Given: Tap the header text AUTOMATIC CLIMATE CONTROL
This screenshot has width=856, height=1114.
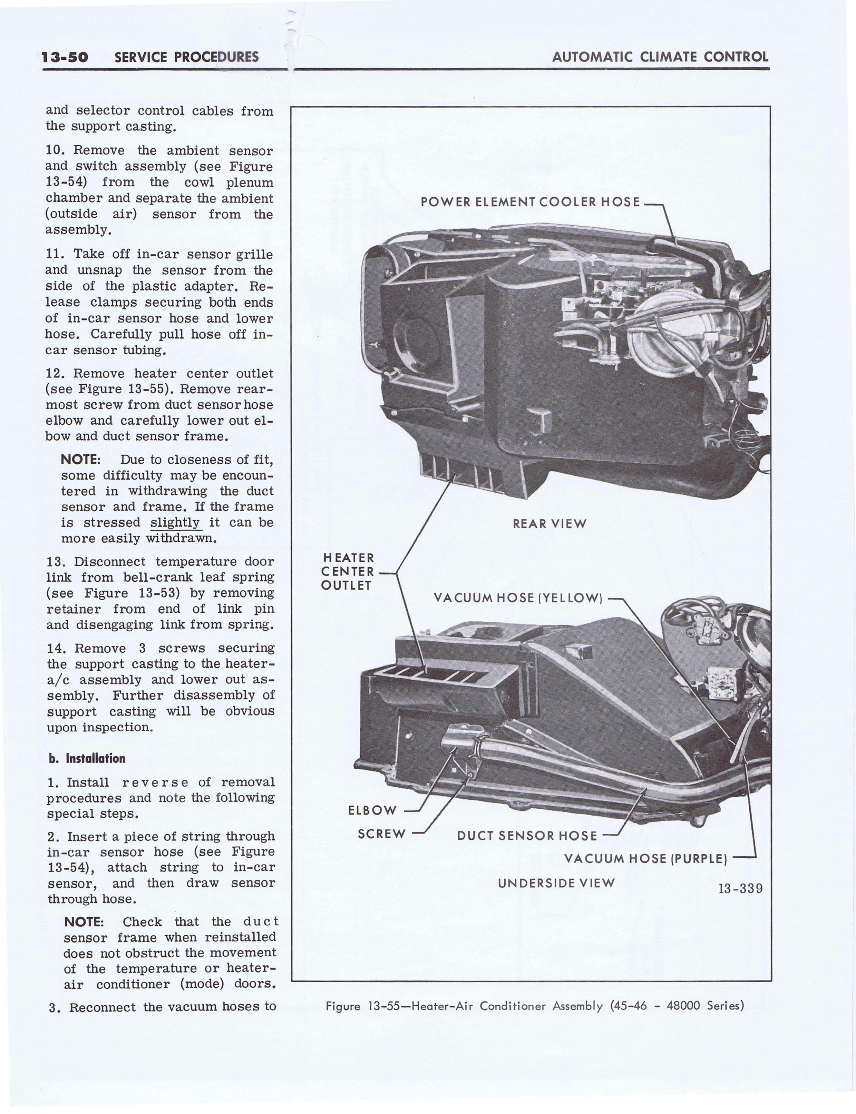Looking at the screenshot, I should tap(660, 57).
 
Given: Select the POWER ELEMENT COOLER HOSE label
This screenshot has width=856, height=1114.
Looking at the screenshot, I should tap(530, 202).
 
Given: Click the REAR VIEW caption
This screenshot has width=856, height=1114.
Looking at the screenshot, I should tap(549, 524).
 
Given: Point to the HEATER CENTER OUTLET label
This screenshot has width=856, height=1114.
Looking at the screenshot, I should tap(348, 572).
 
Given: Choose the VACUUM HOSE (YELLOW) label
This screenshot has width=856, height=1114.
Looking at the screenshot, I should tap(518, 598).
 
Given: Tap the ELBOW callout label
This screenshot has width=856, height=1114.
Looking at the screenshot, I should tap(372, 810).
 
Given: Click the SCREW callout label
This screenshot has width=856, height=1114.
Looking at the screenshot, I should tap(382, 834).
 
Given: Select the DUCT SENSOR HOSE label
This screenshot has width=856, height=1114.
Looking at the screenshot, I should tap(527, 836).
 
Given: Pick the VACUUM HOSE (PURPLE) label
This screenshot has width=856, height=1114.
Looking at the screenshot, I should tap(645, 859).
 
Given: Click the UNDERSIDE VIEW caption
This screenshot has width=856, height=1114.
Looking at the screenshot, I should tap(556, 883).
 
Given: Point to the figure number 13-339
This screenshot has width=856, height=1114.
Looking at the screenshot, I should tap(740, 888).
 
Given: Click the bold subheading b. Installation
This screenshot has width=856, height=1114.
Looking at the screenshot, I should tap(87, 758).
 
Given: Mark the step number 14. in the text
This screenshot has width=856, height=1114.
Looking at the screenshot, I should tap(57, 648).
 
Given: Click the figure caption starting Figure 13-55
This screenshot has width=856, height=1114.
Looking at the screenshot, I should tap(535, 1006).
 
